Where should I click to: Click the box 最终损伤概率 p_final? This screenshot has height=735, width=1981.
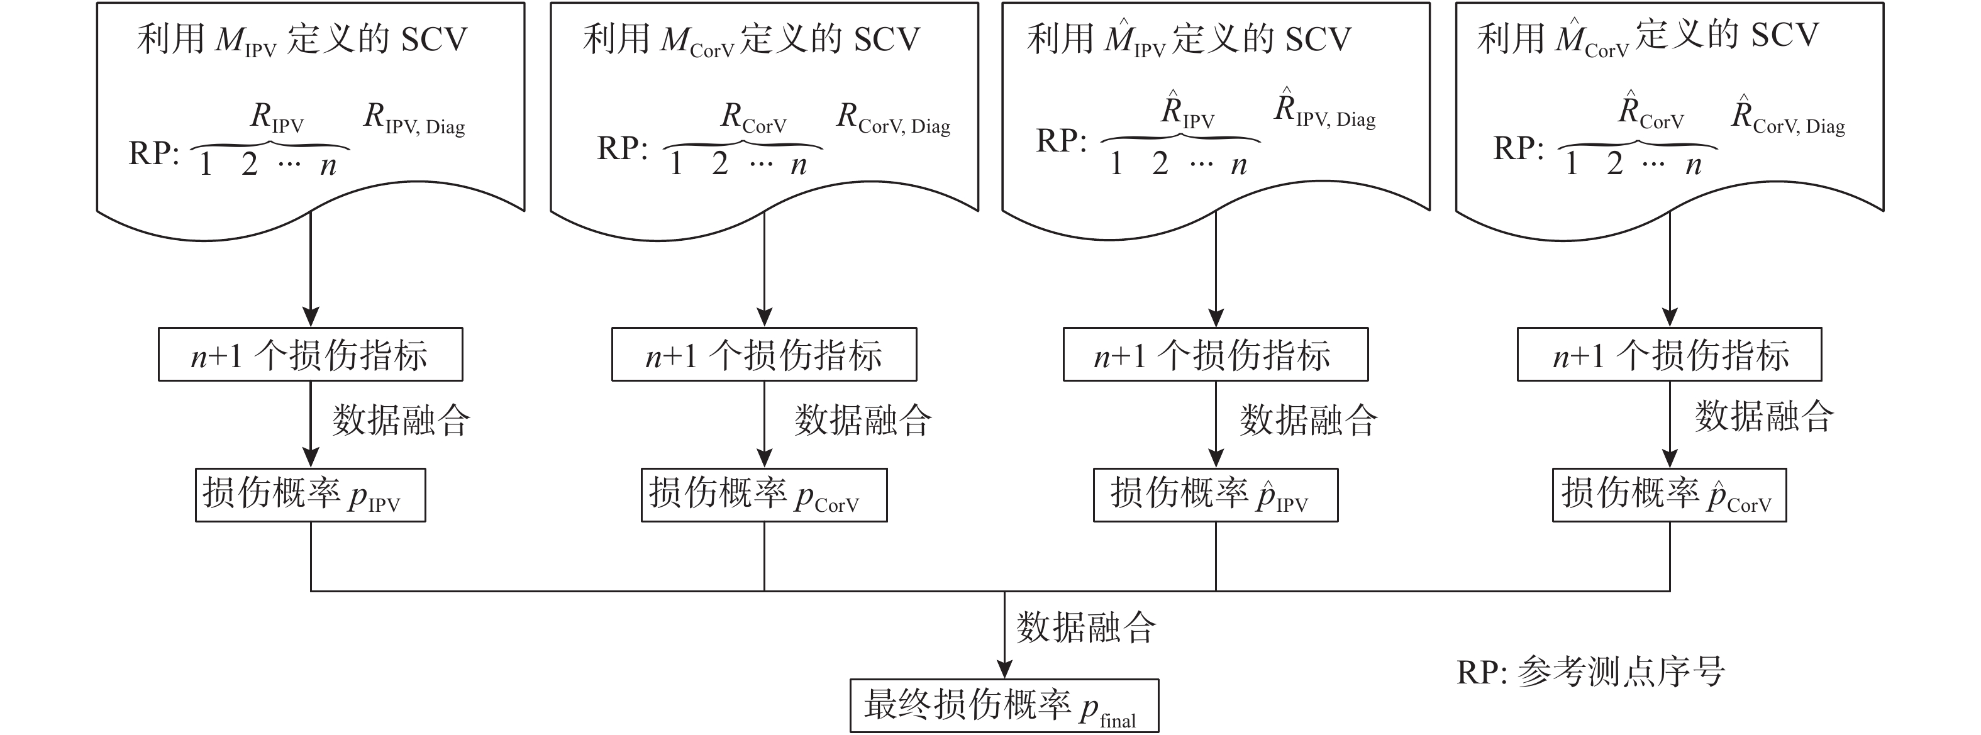click(1004, 705)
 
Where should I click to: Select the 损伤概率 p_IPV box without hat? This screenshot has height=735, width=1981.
click(310, 494)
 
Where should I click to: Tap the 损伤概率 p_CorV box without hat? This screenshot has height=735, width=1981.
click(763, 494)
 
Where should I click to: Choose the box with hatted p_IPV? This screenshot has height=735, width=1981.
click(1215, 494)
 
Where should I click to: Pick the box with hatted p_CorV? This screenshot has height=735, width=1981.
click(1669, 494)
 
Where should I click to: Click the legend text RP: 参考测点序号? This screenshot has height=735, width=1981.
click(1590, 672)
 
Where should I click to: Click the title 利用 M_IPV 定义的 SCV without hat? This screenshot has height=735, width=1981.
click(302, 39)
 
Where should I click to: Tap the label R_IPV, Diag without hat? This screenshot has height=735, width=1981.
click(414, 119)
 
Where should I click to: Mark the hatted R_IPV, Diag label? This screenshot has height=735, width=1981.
click(1325, 111)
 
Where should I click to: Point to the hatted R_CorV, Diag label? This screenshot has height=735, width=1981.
click(1788, 117)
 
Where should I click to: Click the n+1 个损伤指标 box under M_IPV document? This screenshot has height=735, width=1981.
click(310, 355)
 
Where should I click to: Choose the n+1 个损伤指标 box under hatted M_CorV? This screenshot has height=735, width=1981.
click(1669, 355)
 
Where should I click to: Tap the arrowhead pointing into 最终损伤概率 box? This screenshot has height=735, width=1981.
click(1004, 669)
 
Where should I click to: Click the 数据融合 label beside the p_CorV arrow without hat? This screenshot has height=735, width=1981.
click(863, 421)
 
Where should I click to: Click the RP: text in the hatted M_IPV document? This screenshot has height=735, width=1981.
click(1062, 141)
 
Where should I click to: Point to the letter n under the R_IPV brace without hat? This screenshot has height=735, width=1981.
click(328, 166)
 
